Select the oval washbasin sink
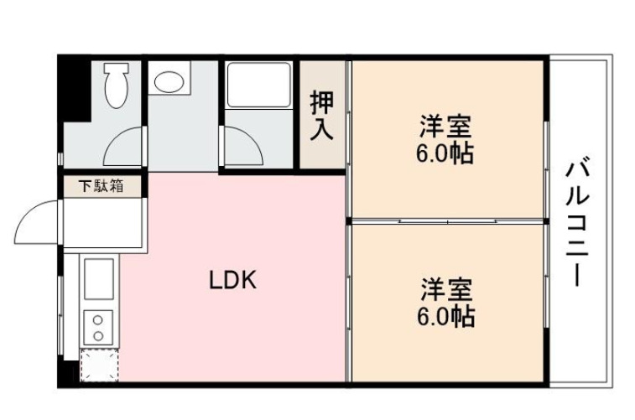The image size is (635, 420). coord(171,82)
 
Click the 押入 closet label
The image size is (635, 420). coord(322,116)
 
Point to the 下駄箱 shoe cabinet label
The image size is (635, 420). coord(102,186)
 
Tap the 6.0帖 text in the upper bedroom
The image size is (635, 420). coord(446,153)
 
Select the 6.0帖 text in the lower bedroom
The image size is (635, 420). coord(446,316)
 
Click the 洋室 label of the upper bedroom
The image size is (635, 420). coord(446,127)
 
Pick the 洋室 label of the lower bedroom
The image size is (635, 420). coord(446,290)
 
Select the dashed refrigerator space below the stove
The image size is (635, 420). coord(99,366)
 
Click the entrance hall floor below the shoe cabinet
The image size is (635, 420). coord(102,223)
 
